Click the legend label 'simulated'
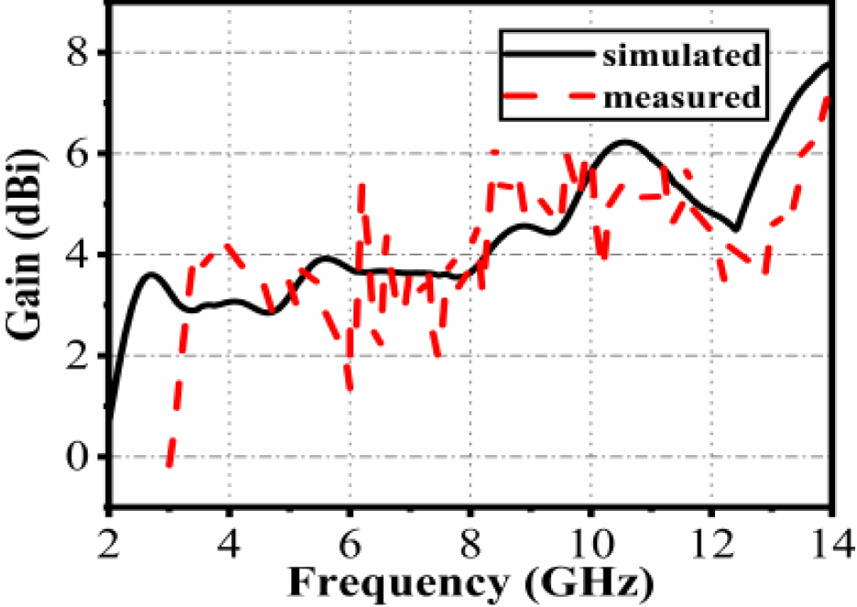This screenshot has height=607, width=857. tap(681, 55)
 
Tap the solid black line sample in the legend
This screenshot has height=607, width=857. tap(548, 54)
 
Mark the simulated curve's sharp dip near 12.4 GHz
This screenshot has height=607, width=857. tap(735, 229)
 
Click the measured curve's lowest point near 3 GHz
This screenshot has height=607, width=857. tap(169, 465)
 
